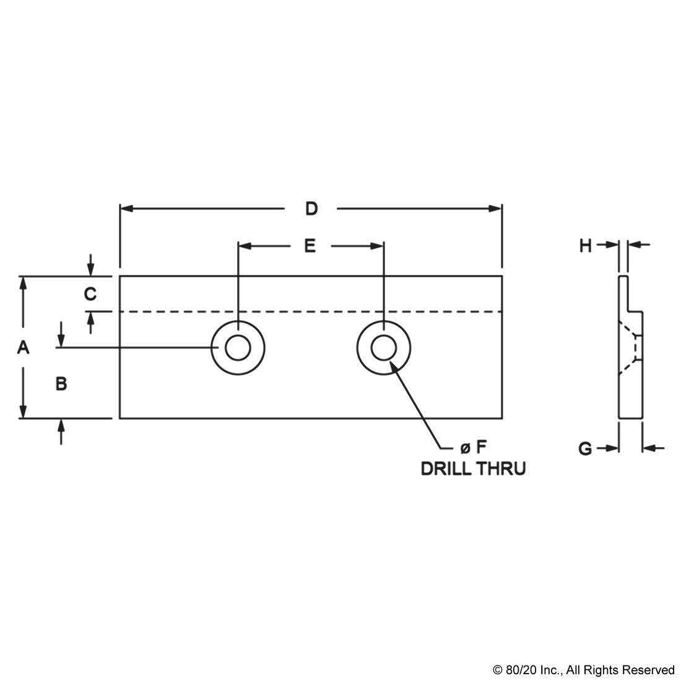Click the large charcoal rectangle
[340, 338]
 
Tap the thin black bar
[583, 671]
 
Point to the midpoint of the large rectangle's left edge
[17, 338]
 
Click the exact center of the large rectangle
[340, 338]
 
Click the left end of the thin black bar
[493, 671]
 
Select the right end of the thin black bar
[674, 671]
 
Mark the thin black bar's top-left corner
[493, 666]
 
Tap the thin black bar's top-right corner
[674, 666]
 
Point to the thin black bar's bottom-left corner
[493, 677]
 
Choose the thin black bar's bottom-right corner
[674, 677]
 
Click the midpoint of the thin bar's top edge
[583, 666]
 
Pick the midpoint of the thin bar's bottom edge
[583, 677]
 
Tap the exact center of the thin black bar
[583, 671]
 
